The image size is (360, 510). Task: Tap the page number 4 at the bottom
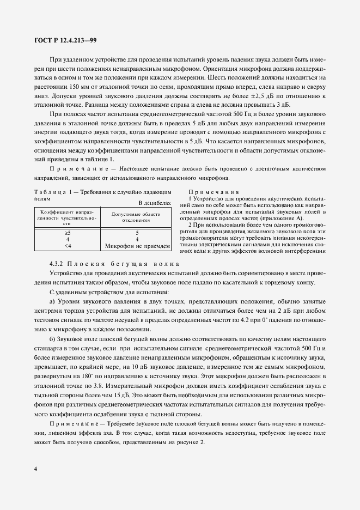coord(35,469)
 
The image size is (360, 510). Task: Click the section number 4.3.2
coord(58,264)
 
